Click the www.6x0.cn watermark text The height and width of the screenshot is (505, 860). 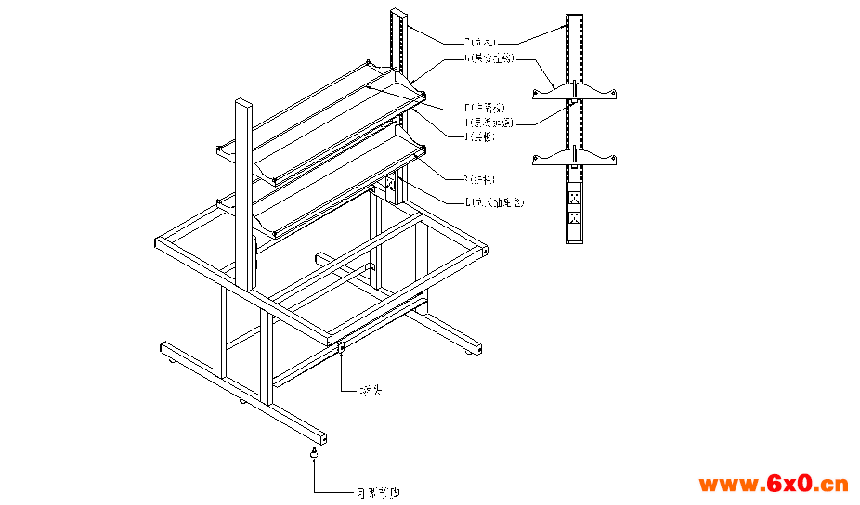[x=773, y=484]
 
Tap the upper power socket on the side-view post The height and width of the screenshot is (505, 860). [x=576, y=198]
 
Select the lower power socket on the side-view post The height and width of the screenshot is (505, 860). [x=576, y=218]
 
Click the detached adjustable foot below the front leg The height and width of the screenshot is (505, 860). [x=315, y=453]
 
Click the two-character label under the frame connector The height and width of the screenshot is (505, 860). [x=371, y=391]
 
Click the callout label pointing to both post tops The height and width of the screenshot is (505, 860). [x=482, y=42]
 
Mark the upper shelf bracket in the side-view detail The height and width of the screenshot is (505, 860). [x=576, y=91]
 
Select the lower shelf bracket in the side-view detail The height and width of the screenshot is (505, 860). [x=576, y=159]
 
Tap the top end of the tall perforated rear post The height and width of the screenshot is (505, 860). [x=397, y=12]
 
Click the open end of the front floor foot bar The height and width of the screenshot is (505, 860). [x=321, y=435]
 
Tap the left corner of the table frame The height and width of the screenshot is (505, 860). [x=158, y=243]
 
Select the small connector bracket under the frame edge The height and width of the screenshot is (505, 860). [x=343, y=348]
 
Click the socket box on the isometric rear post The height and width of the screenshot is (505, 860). [x=391, y=185]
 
